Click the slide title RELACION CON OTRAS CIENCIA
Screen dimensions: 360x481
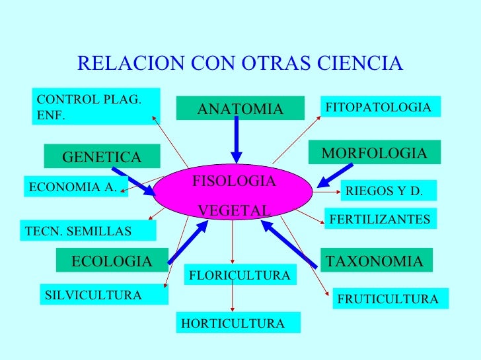(x=240, y=63)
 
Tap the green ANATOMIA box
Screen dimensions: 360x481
(x=240, y=109)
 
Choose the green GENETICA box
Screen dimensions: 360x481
(x=102, y=157)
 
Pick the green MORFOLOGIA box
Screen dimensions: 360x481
(x=374, y=154)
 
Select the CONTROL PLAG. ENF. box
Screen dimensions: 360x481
(x=94, y=107)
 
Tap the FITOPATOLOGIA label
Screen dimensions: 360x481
(x=379, y=107)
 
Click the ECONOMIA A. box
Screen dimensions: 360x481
(x=75, y=187)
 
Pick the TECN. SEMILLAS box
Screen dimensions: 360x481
(x=87, y=231)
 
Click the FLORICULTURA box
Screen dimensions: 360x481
(x=239, y=275)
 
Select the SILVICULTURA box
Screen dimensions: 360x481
(x=103, y=295)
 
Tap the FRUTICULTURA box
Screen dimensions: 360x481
(x=389, y=299)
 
